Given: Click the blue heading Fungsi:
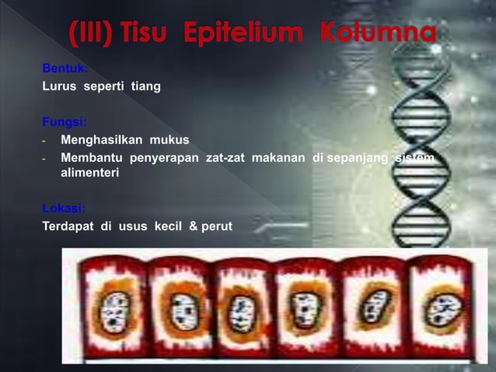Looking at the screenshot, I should [65, 122].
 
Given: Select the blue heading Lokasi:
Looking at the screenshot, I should [64, 209].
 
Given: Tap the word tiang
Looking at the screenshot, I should [145, 86].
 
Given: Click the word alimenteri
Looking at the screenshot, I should [89, 174].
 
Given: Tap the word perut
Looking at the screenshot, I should [215, 226].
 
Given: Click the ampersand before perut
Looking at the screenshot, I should [191, 226].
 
